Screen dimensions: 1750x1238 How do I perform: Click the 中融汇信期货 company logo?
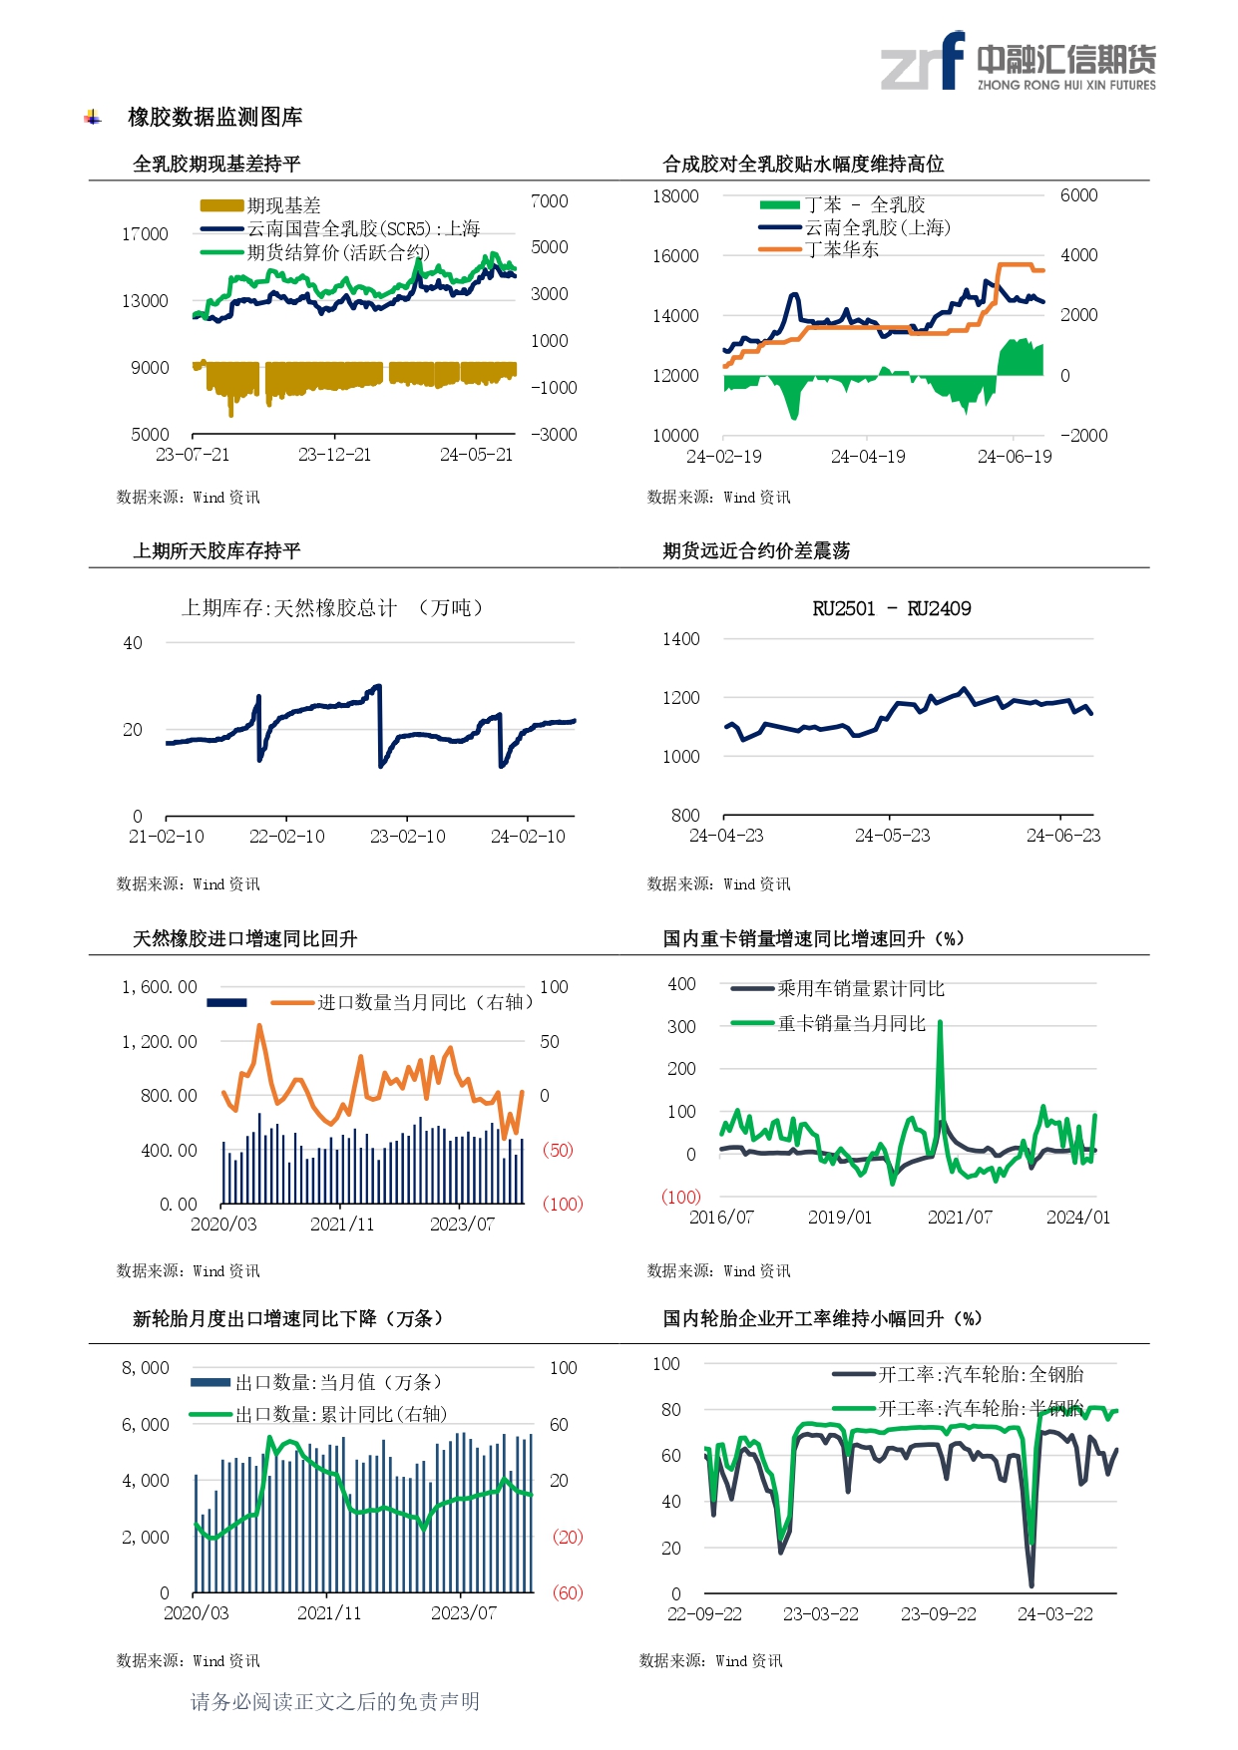1018,63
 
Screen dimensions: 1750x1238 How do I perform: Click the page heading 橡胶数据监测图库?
214,118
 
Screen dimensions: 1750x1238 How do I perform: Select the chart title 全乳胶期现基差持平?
216,165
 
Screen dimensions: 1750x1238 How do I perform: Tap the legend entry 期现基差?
283,205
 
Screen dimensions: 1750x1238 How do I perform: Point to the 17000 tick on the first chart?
145,234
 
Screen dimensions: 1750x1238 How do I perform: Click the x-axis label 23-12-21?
334,455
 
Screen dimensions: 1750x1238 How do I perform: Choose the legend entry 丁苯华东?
842,249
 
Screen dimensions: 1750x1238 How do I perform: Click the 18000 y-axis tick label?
675,196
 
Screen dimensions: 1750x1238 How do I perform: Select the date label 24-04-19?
868,457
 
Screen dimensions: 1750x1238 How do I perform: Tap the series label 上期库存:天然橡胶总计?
289,608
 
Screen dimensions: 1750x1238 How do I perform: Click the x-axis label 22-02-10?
286,837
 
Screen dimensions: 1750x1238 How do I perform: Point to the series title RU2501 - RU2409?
891,609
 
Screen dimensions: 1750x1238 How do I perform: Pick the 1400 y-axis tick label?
680,639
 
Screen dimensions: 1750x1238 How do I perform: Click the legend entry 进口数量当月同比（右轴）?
424,1002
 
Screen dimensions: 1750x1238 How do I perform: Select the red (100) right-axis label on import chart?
562,1205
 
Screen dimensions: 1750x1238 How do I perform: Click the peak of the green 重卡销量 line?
940,1022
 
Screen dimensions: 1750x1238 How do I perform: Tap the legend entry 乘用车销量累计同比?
860,989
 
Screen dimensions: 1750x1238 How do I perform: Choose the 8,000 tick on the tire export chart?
146,1368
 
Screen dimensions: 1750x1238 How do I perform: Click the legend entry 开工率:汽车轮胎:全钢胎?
980,1375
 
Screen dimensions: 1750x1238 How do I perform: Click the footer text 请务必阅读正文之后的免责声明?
335,1702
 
